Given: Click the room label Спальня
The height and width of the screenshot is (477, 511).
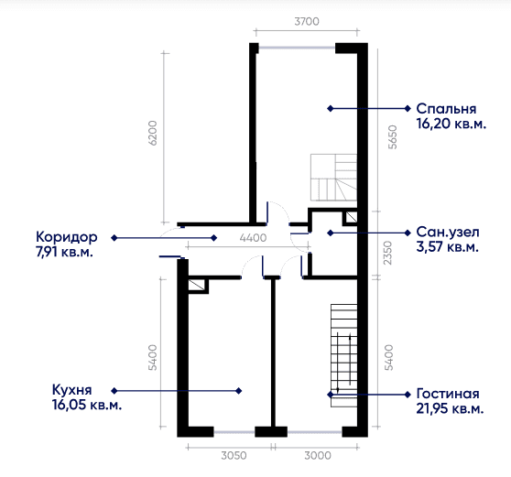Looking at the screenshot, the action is tap(446, 109).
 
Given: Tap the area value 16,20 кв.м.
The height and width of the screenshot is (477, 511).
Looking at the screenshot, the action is tap(451, 124).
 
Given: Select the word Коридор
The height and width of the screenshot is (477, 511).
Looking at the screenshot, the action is tap(67, 237).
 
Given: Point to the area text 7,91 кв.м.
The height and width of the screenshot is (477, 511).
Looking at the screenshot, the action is tap(64, 252).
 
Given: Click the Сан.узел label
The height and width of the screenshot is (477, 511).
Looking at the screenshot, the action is tap(448, 233).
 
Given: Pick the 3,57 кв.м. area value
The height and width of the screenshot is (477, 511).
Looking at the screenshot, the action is tap(447, 246).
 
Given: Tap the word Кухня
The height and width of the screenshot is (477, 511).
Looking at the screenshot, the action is tap(72, 390).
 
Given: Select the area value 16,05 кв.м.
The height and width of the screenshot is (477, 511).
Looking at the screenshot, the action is tap(87, 405).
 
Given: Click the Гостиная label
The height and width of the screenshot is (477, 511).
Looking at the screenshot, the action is tap(448, 394).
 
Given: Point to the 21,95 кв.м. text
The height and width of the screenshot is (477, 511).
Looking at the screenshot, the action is tap(450, 408).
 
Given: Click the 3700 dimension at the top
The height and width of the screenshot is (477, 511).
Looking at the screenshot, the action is tap(307, 21).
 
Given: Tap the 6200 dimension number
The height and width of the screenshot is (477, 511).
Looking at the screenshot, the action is tap(153, 133).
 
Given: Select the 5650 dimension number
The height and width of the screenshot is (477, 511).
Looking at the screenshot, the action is tap(393, 136).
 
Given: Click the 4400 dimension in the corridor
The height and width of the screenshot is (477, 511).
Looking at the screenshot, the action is tap(253, 238).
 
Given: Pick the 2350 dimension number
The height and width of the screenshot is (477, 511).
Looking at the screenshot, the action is tap(387, 253).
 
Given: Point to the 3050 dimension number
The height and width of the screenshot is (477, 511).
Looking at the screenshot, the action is tap(234, 455).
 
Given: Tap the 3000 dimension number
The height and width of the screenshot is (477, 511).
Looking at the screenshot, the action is tap(318, 455).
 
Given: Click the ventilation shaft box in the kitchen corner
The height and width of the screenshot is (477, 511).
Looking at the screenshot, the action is tap(198, 285).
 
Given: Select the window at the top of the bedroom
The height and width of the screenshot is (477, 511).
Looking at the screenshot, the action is tap(297, 48).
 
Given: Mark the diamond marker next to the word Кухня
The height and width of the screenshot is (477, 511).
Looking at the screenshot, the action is tap(114, 390).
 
